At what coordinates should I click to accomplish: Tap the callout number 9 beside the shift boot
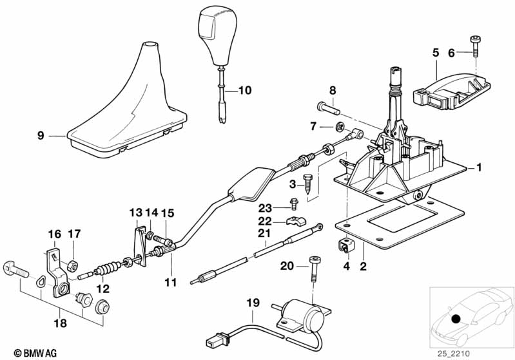(x=41, y=136)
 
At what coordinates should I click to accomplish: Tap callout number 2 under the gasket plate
(x=362, y=265)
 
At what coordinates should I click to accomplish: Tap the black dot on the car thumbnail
(x=456, y=319)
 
